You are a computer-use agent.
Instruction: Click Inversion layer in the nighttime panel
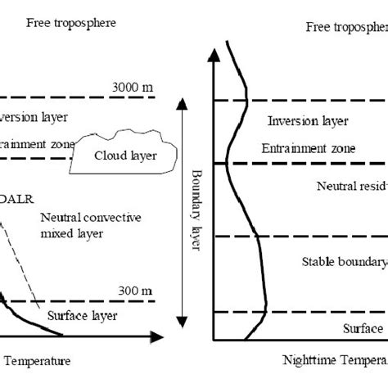coord(303,122)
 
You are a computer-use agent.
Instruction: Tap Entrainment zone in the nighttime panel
coord(308,149)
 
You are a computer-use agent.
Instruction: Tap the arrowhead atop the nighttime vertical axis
coord(214,56)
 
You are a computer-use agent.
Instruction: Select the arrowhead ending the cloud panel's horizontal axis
coord(156,335)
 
